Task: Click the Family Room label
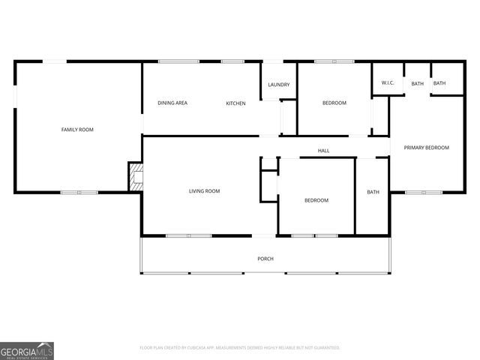click(77, 130)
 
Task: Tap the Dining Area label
click(172, 103)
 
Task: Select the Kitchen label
click(235, 103)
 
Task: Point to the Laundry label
click(279, 85)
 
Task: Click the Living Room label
click(204, 191)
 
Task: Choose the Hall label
click(323, 151)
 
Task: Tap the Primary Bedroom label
click(426, 148)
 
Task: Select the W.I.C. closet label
click(388, 83)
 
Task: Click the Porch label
click(265, 259)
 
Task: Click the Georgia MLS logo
click(27, 350)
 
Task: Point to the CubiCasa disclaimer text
click(240, 348)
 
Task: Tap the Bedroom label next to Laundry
click(334, 103)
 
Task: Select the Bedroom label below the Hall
click(316, 200)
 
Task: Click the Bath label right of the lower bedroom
click(373, 192)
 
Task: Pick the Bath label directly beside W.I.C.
click(417, 83)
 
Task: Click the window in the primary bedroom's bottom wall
click(424, 193)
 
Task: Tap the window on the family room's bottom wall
click(79, 193)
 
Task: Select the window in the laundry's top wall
click(272, 61)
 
